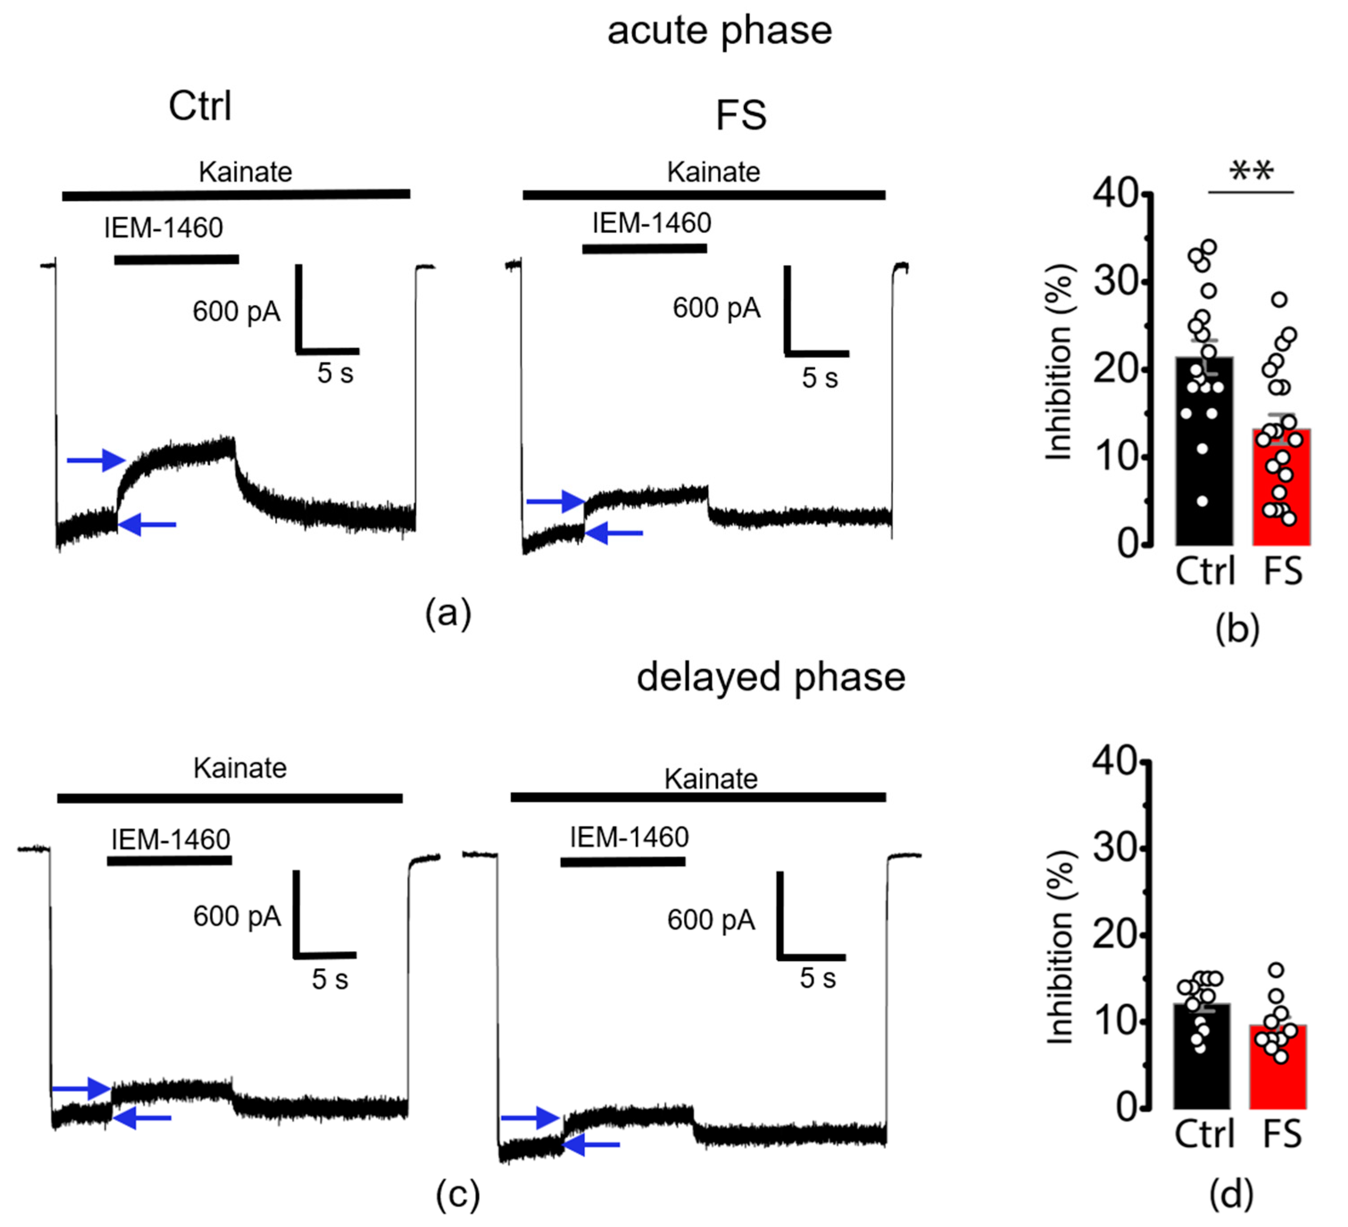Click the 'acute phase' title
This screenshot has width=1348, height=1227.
(x=719, y=31)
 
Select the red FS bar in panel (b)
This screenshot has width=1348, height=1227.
(x=1281, y=495)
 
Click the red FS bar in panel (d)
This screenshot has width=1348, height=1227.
(x=1278, y=1070)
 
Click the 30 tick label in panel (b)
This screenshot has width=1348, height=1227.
(x=1116, y=282)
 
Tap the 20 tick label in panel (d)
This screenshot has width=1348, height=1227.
(x=1116, y=935)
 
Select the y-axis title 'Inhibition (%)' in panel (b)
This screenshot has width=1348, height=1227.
(x=1059, y=362)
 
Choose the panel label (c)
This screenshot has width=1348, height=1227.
(x=458, y=1194)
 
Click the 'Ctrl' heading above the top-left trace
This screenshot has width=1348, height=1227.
(x=200, y=106)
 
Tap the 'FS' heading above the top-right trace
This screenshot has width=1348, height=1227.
(x=741, y=115)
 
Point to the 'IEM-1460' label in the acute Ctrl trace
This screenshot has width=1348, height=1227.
(x=163, y=228)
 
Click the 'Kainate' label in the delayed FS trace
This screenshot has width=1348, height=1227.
(x=711, y=779)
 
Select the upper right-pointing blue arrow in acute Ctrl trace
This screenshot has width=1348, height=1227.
(x=96, y=460)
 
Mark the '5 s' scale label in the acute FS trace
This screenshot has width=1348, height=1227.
(x=820, y=378)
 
